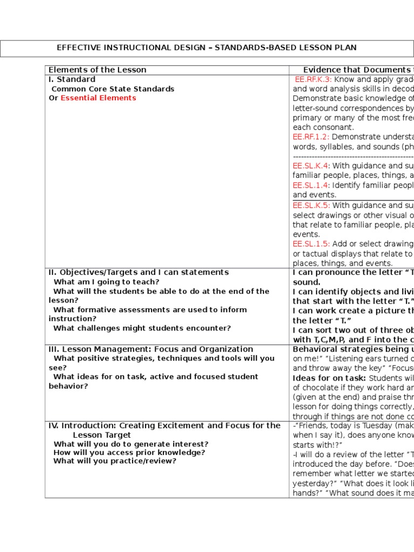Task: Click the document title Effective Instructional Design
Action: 206,48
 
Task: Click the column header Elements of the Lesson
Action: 98,70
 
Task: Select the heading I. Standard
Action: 72,79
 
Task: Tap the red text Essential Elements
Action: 98,98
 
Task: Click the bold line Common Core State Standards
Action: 113,89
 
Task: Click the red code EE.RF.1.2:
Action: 311,137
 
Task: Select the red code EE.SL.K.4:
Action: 311,166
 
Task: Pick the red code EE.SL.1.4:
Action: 311,185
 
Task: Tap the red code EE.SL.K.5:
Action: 311,205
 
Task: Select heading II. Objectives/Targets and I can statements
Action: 139,272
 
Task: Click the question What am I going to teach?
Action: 106,282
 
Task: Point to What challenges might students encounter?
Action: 142,328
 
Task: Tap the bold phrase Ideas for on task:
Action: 329,378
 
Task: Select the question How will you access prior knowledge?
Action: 129,453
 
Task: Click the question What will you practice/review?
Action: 115,461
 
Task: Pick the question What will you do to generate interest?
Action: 131,444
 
